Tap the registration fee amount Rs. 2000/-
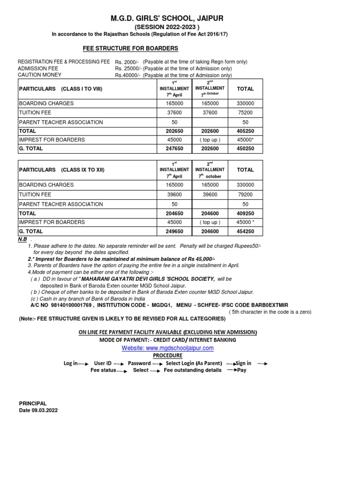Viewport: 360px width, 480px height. click(127, 62)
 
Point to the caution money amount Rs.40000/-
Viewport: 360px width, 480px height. click(128, 75)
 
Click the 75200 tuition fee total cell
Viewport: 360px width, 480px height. click(245, 112)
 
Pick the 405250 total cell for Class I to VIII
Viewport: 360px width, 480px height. click(245, 131)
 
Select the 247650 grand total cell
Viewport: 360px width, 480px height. click(174, 149)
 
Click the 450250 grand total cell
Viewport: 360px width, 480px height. click(245, 149)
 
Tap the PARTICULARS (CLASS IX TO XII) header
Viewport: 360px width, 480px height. click(60, 170)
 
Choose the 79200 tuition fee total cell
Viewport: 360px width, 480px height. click(245, 195)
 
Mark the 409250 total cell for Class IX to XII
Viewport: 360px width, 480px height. click(245, 213)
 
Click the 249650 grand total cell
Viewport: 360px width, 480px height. click(174, 231)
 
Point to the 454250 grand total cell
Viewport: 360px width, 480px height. click(245, 231)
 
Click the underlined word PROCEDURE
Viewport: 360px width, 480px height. click(167, 355)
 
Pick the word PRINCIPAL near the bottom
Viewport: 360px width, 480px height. click(33, 403)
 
